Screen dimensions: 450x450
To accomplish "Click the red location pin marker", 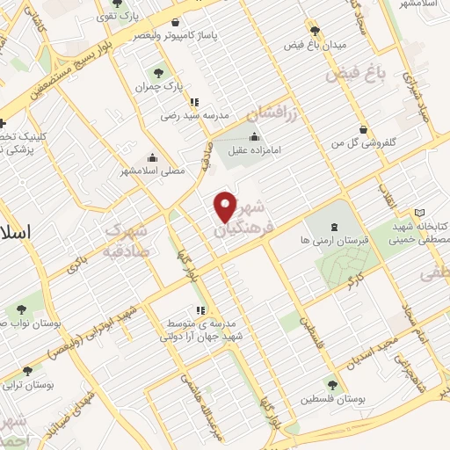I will tap(226, 207).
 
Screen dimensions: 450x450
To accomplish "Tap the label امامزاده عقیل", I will tap(250, 150).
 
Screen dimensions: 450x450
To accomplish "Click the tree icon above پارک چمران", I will tap(158, 73).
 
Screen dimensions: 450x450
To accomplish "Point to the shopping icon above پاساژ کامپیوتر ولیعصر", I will tap(176, 23).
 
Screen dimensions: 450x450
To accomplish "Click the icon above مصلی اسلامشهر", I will tap(152, 158).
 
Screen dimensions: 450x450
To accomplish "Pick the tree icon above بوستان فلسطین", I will tap(330, 384).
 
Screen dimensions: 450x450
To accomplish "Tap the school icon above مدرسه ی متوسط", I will tap(200, 310).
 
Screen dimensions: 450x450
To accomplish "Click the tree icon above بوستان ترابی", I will tap(27, 372).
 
